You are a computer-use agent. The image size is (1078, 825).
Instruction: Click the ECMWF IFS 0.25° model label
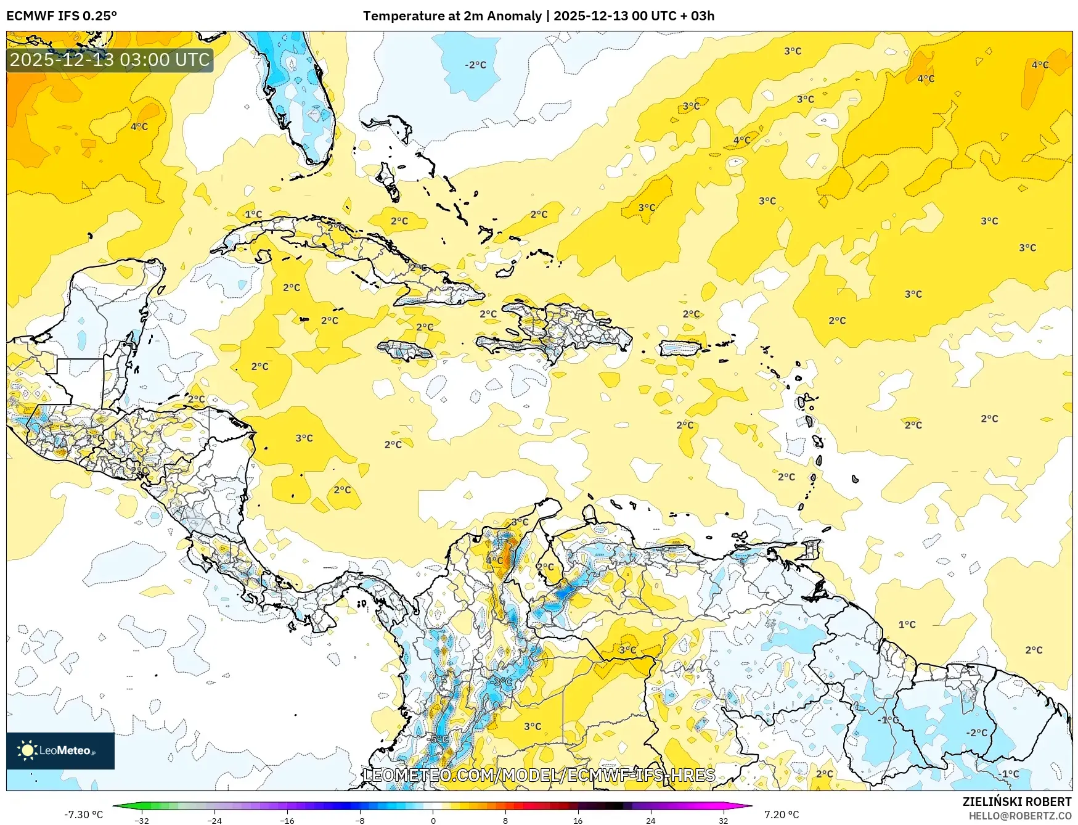coord(62,16)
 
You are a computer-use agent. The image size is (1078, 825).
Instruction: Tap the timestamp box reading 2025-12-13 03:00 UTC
coord(110,60)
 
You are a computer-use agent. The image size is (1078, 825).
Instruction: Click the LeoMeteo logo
coord(60,750)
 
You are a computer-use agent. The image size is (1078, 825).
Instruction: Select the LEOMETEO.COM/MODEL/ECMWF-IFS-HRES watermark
coord(539,775)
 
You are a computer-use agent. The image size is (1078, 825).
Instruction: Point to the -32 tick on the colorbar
coord(142,820)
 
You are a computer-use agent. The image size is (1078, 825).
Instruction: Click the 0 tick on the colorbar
coord(433,820)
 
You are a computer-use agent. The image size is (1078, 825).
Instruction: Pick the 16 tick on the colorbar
coord(578,820)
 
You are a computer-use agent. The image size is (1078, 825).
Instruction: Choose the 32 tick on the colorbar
coord(723,820)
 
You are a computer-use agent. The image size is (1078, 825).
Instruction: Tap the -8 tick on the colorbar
coord(360,820)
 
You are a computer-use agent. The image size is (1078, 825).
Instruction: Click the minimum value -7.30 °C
coord(83,815)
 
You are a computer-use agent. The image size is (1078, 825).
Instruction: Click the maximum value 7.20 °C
coord(781,815)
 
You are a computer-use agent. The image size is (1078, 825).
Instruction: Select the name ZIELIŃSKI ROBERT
coord(1016,802)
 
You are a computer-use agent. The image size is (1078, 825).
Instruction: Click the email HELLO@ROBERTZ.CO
coord(1019,816)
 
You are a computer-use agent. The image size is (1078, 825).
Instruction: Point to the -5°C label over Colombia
coord(438,739)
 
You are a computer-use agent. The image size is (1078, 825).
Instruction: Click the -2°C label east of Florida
coord(475,65)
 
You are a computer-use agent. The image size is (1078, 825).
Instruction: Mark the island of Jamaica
coord(405,351)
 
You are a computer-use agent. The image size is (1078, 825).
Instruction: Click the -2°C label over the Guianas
coord(977,733)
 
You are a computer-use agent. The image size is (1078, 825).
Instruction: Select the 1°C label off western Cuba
coord(253,215)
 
